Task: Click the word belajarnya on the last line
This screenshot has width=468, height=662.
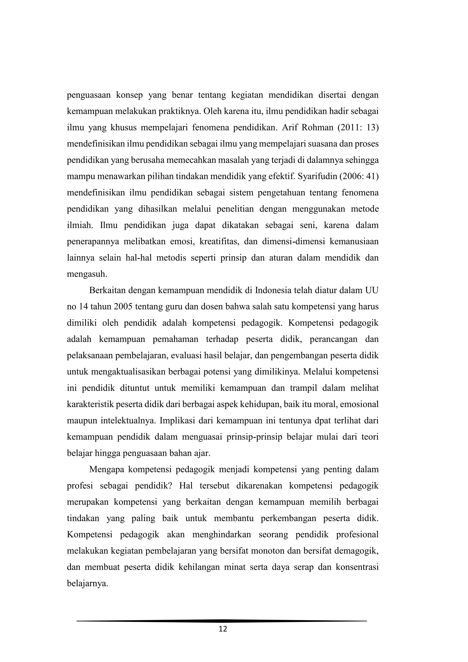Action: [87, 584]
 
